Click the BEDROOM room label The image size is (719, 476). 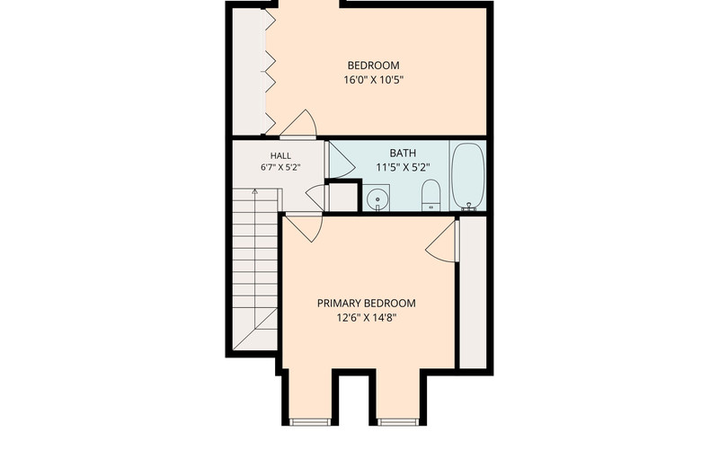coord(373,66)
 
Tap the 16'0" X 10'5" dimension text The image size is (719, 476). coord(373,80)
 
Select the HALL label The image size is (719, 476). coord(280,155)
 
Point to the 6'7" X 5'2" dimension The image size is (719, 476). coord(280,168)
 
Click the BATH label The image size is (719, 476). coord(403,153)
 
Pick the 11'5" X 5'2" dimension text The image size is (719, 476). coord(403,168)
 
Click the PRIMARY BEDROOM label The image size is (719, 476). coord(367,304)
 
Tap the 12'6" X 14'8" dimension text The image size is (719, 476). coord(367,318)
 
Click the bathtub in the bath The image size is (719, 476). coord(467,177)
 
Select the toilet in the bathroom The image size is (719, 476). coord(431,196)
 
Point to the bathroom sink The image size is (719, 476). coord(377,198)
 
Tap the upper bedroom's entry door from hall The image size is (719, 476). coord(298,124)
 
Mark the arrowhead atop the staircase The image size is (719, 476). coord(255,191)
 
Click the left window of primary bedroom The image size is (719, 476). coord(310,422)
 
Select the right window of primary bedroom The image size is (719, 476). coord(398,422)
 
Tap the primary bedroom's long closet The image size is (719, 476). coord(473,292)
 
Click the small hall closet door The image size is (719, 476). coord(315,197)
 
